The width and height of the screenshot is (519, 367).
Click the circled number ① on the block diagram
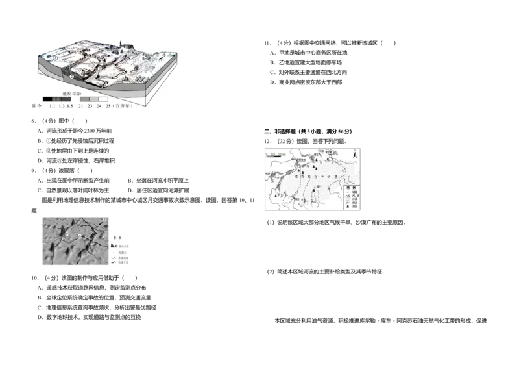pos(56,58)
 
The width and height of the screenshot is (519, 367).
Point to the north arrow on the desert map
pos(354,156)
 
